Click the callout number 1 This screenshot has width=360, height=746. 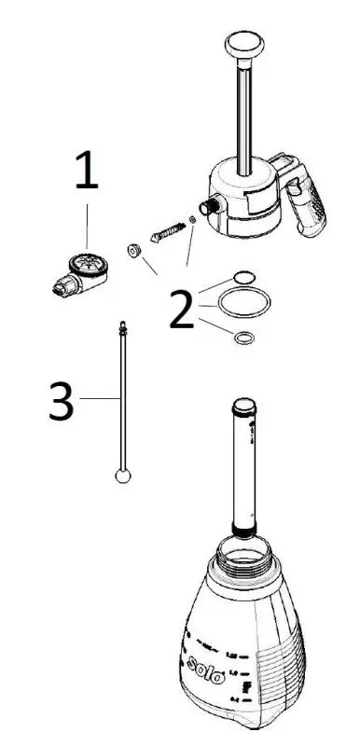pyautogui.click(x=85, y=175)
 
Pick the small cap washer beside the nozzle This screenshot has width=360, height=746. pyautogui.click(x=134, y=250)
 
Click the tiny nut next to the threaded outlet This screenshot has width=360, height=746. pyautogui.click(x=192, y=220)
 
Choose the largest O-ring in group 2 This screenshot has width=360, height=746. pyautogui.click(x=244, y=302)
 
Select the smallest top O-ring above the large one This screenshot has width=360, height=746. pyautogui.click(x=243, y=276)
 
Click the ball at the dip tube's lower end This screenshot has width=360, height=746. pyautogui.click(x=123, y=477)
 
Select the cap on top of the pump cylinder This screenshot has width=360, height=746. pyautogui.click(x=244, y=407)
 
